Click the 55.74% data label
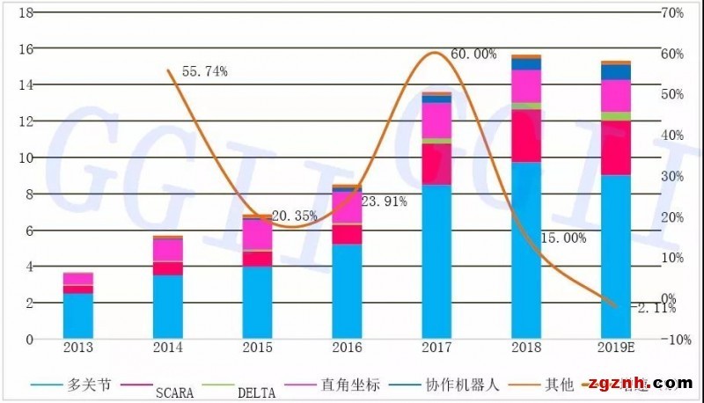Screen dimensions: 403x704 pyautogui.click(x=204, y=71)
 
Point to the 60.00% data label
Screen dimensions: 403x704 pyautogui.click(x=473, y=54)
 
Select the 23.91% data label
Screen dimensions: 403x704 pyautogui.click(x=384, y=201)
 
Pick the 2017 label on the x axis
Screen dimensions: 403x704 pyautogui.click(x=436, y=348)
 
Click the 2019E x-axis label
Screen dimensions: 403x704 pyautogui.click(x=617, y=348)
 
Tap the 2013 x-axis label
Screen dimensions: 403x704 pyautogui.click(x=78, y=348)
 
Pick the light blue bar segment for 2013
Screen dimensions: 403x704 pyautogui.click(x=78, y=315)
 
